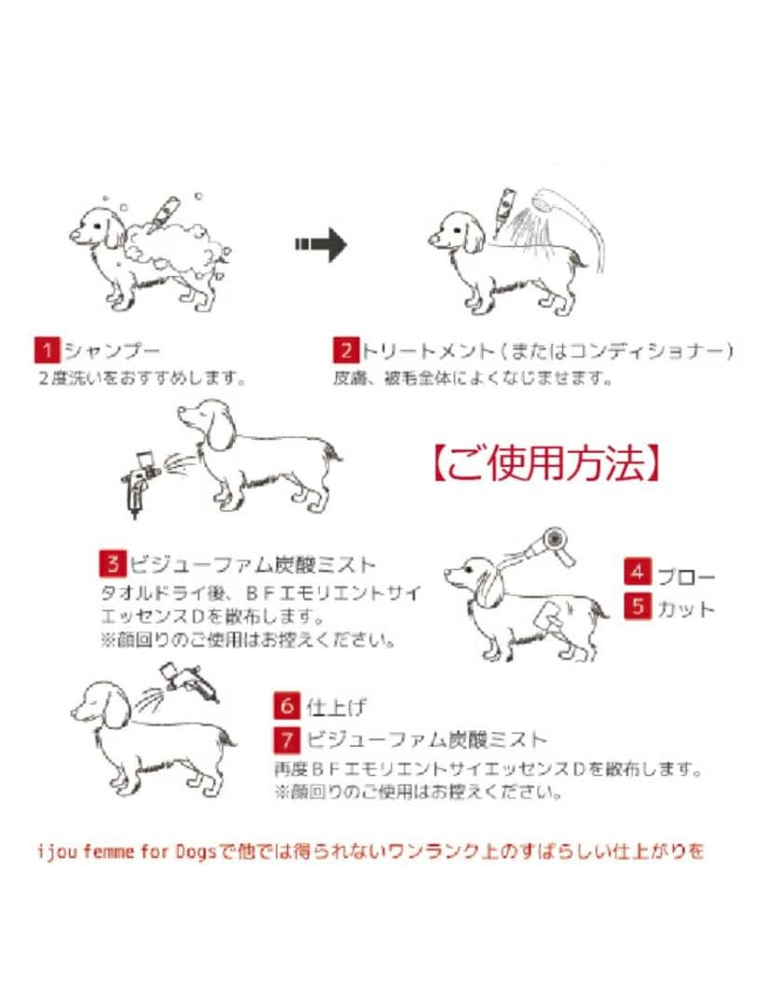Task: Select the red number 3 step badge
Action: point(113,564)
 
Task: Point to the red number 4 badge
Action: point(638,571)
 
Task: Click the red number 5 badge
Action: point(638,607)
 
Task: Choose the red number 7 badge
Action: point(286,740)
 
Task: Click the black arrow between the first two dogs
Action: point(321,245)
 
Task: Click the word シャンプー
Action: point(112,352)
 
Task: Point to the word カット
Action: point(686,608)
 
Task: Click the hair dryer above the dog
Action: point(552,545)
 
